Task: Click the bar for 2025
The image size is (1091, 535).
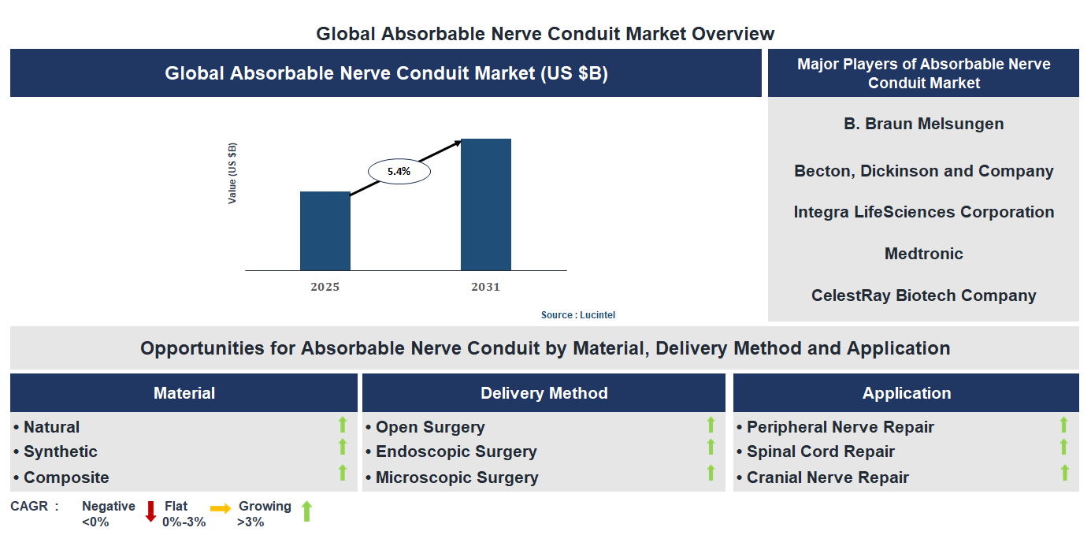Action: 325,231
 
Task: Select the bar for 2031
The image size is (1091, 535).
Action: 485,205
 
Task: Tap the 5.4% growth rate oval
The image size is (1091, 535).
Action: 399,171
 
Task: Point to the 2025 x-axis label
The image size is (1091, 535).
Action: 325,287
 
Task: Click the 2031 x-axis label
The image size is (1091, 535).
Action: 485,287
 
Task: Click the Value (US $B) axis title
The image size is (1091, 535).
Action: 232,173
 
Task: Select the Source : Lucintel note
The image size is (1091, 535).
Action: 577,315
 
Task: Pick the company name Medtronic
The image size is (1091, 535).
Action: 923,254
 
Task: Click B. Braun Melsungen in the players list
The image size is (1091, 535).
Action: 923,124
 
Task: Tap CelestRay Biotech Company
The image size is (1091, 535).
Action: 923,295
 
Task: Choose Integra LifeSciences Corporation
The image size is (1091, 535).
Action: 923,212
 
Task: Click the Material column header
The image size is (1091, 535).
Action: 184,393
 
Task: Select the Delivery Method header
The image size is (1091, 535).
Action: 544,393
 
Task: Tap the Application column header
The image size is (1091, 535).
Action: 906,393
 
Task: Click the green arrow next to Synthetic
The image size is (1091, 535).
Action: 343,448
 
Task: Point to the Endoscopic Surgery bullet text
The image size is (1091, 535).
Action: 455,451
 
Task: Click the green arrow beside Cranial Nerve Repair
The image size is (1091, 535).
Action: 1064,473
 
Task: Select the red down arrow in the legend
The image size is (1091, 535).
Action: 150,511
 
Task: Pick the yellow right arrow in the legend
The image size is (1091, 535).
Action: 221,509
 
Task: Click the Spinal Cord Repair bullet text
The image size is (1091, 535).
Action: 820,451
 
